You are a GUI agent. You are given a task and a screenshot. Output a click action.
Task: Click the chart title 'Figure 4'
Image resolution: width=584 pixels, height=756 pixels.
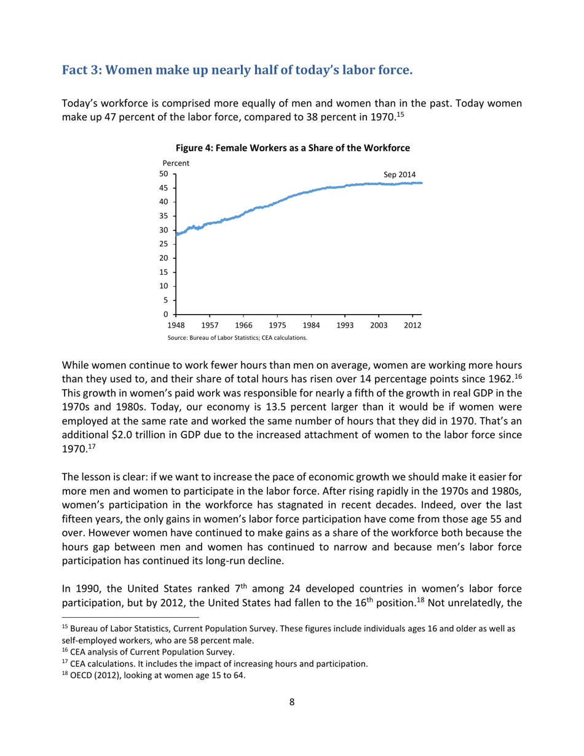coord(291,148)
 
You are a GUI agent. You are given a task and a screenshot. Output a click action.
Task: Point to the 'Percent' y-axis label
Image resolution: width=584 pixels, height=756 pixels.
coord(176,163)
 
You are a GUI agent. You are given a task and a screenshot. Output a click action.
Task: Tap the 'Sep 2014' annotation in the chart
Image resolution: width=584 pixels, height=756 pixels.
coord(400,175)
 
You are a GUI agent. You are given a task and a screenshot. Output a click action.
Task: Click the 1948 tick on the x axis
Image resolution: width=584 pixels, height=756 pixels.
coord(176,326)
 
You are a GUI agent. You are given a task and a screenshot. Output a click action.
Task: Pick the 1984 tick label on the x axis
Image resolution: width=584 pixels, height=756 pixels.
coord(311,326)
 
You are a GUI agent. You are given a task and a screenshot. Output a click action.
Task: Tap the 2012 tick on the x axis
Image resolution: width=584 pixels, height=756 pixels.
coord(412,326)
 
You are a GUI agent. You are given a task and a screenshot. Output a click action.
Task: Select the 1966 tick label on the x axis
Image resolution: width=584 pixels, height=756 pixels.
coord(244,326)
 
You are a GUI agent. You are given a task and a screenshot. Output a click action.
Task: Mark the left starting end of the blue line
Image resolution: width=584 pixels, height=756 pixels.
coord(177,234)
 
